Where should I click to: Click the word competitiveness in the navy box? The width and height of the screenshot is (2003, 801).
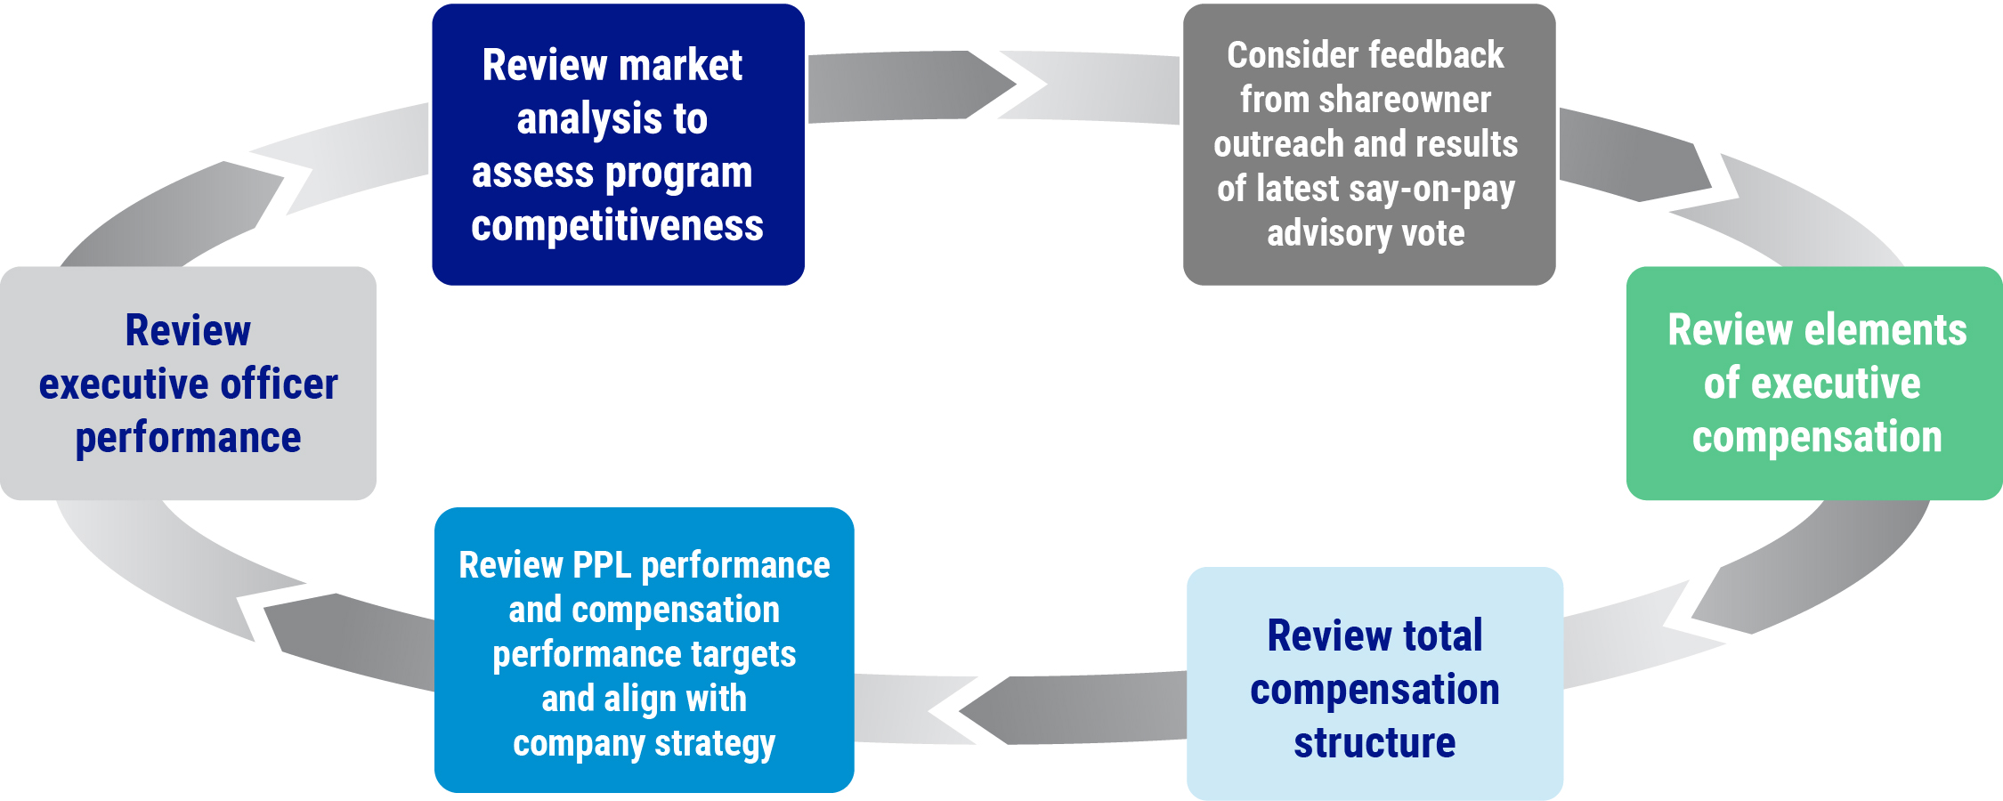(x=617, y=226)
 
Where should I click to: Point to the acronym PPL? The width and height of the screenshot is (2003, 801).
(x=602, y=565)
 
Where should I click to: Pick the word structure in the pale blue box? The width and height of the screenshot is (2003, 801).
(x=1375, y=743)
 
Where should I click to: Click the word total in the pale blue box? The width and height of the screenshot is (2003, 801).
(x=1442, y=635)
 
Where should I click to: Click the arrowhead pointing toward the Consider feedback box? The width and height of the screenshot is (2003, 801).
(x=993, y=85)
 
